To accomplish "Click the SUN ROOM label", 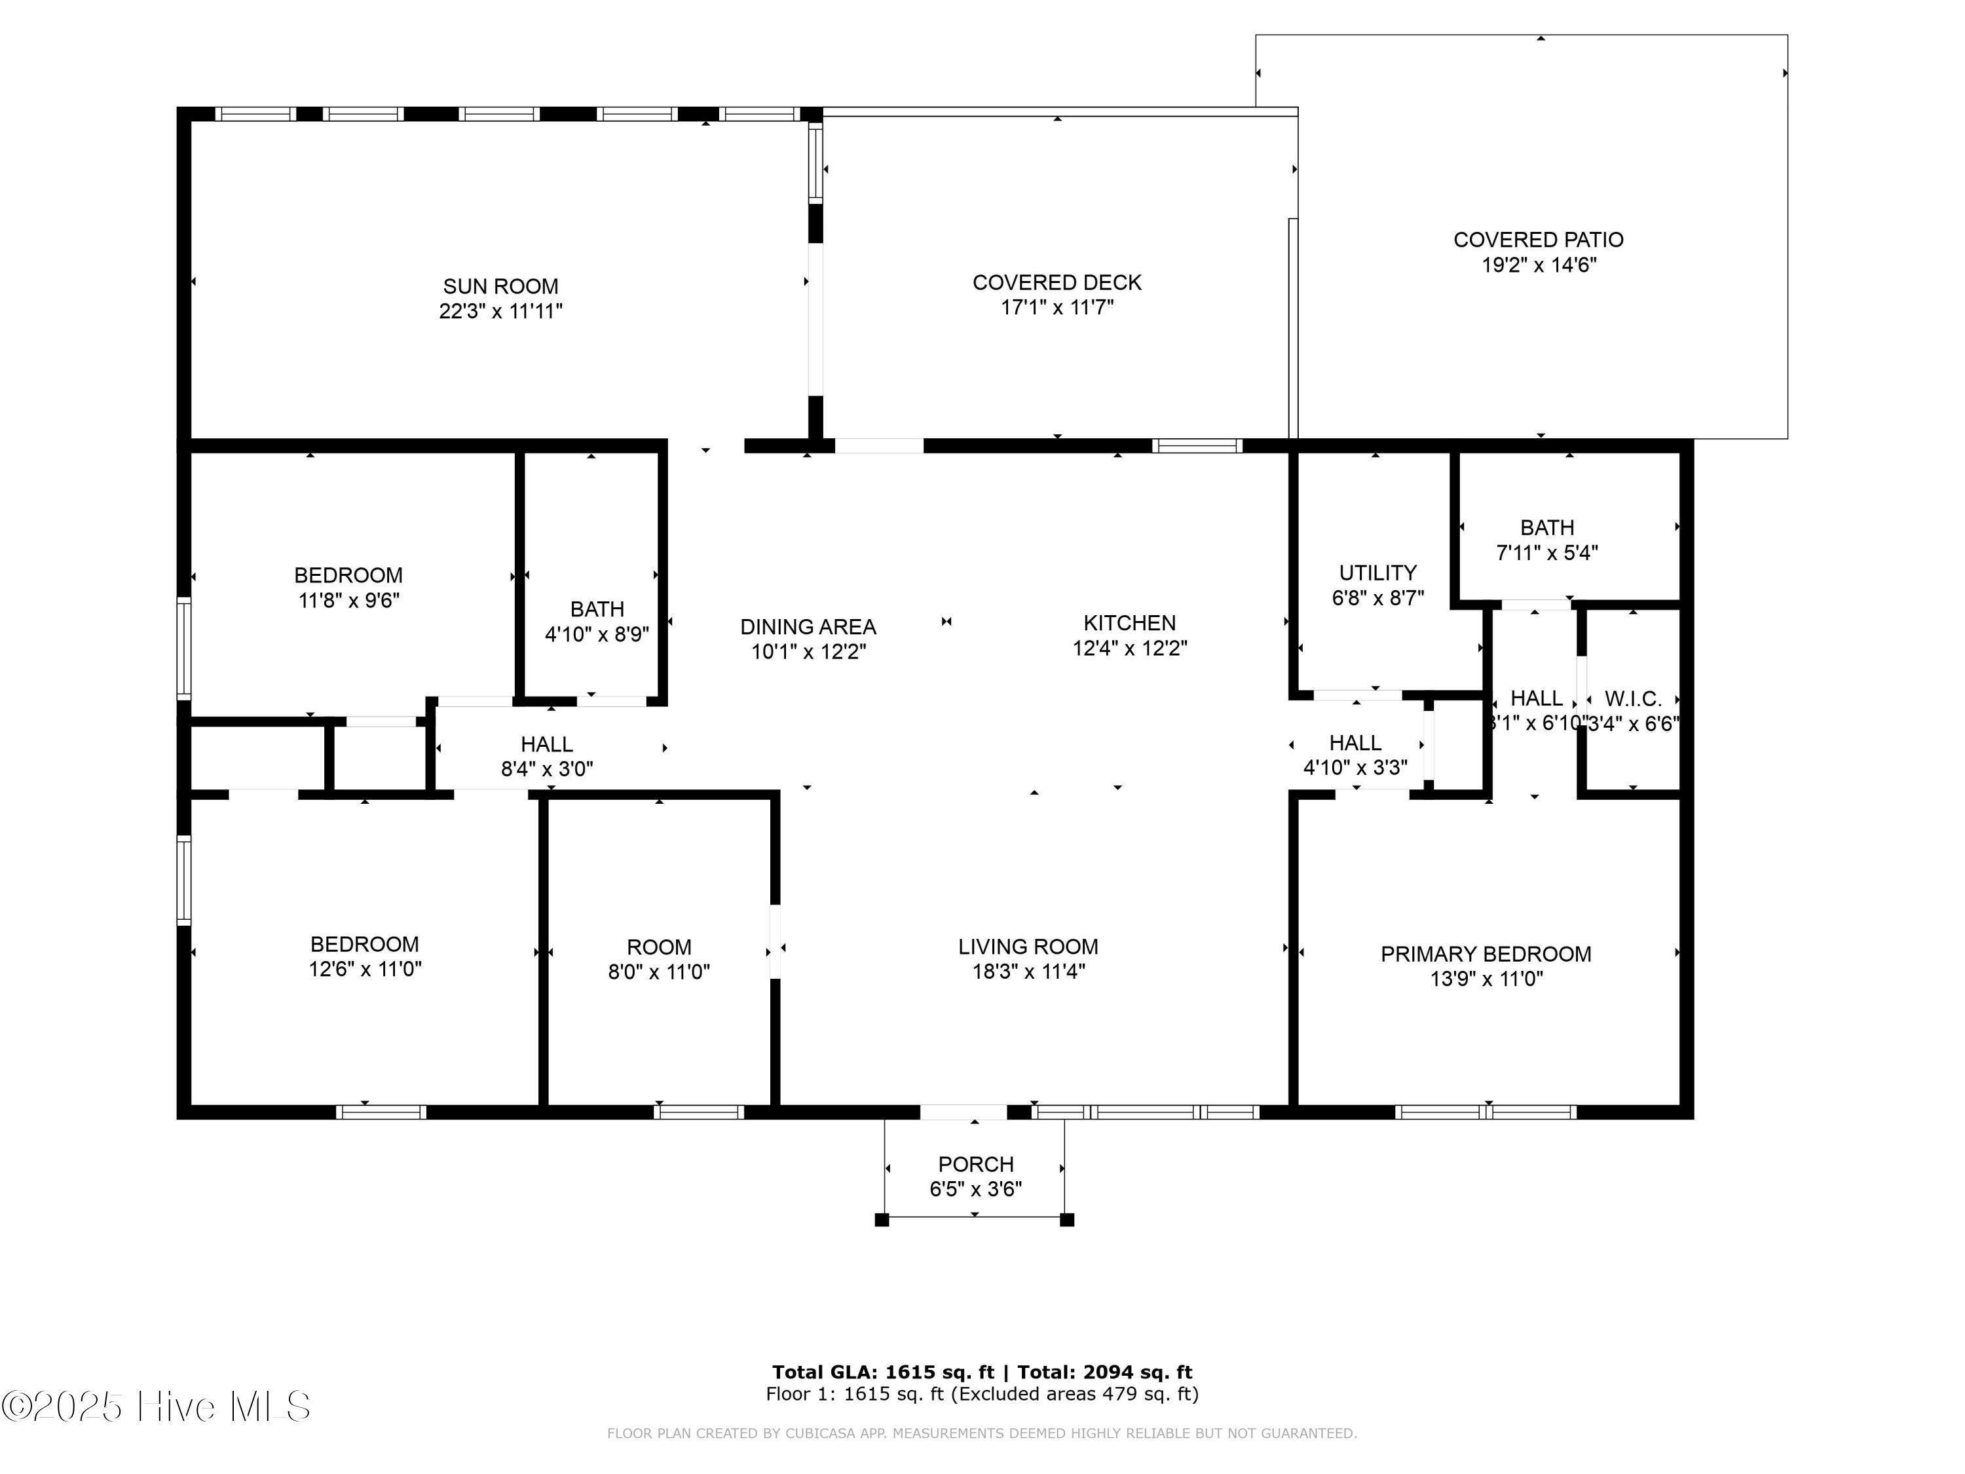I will (x=500, y=286).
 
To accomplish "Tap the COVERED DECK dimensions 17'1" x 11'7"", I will (x=1057, y=307).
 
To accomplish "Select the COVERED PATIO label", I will (x=1538, y=240).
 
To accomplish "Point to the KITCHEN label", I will (x=1129, y=623).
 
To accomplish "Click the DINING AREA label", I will (x=808, y=626).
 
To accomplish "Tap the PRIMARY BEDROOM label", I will (x=1486, y=954).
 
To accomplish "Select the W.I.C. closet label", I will (x=1633, y=699).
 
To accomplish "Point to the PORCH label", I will (x=975, y=1164).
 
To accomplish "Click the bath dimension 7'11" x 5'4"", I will (x=1546, y=553).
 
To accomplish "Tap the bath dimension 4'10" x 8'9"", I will (x=596, y=634).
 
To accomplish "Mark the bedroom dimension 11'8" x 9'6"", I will (x=348, y=601).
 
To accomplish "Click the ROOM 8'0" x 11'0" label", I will (x=658, y=947).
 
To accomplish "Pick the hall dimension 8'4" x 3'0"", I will (x=546, y=770).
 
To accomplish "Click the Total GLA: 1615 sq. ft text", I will (x=882, y=1372).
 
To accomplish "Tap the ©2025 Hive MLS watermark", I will (x=155, y=1407).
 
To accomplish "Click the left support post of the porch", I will (x=881, y=1220).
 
